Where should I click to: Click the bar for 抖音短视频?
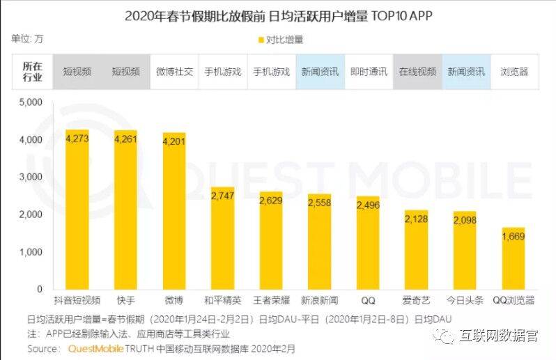(x=77, y=209)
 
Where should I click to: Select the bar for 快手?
(x=125, y=209)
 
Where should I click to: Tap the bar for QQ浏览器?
(x=513, y=258)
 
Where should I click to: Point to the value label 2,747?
(x=222, y=197)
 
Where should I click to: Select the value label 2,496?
(x=368, y=205)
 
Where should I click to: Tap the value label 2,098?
(x=465, y=220)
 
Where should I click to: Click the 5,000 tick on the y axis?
(x=31, y=102)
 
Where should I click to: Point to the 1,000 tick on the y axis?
(x=31, y=251)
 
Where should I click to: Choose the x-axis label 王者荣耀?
(x=271, y=300)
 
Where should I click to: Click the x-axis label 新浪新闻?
(x=320, y=300)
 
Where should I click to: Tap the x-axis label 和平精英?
(x=222, y=300)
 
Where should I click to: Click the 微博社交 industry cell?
(x=174, y=71)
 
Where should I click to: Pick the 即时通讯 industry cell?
(x=369, y=71)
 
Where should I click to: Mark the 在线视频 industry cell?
(x=417, y=71)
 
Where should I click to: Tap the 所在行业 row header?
(x=32, y=71)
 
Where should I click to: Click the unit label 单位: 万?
(x=27, y=38)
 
